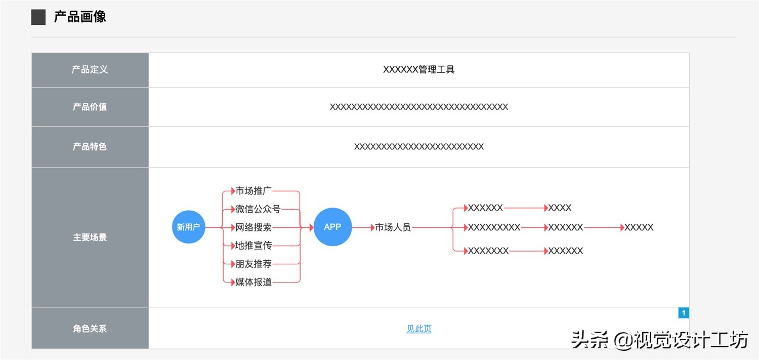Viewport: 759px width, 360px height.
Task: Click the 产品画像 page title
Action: [x=80, y=17]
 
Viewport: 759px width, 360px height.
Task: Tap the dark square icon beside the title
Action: [x=38, y=17]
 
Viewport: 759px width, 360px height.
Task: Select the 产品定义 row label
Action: [x=90, y=70]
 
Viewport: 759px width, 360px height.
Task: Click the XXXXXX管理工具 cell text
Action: [x=418, y=70]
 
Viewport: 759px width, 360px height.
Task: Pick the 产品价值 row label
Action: [x=90, y=107]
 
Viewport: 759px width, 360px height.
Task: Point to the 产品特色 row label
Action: [x=90, y=147]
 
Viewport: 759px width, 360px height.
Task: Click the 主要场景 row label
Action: [x=90, y=237]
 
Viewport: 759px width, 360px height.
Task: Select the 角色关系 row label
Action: [x=90, y=329]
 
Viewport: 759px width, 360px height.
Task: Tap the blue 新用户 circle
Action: [x=188, y=227]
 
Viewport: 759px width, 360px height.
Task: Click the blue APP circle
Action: [x=332, y=227]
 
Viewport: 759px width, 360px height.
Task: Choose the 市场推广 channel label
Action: [x=254, y=191]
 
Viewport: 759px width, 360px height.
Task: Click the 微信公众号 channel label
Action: [x=258, y=209]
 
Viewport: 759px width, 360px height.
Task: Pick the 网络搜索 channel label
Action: [x=254, y=227]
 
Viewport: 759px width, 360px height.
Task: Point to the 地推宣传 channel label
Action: [x=254, y=246]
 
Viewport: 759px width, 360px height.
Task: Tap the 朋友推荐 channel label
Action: [x=254, y=264]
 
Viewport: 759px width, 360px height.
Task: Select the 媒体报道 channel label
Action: [x=254, y=282]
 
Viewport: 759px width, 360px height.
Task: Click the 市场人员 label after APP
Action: [x=393, y=227]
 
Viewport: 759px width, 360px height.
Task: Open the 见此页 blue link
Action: [x=419, y=329]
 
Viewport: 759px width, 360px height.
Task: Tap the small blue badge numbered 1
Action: [x=684, y=313]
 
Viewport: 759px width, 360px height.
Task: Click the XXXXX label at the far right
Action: [x=639, y=227]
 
